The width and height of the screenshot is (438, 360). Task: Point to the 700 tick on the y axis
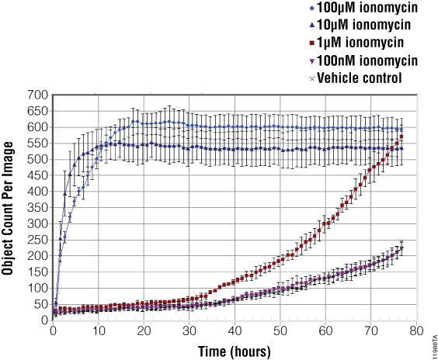(38, 95)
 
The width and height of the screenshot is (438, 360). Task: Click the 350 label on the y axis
(38, 207)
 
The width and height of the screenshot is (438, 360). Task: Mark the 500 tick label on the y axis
(38, 160)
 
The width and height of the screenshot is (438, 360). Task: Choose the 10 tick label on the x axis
(98, 332)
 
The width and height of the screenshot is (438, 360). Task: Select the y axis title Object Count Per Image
(9, 207)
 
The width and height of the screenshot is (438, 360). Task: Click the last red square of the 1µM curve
(401, 137)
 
